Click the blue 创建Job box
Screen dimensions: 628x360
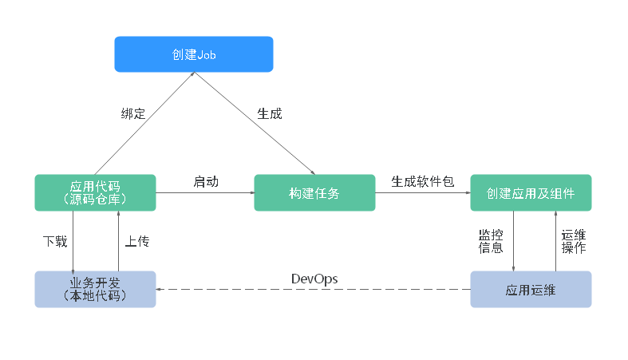194,54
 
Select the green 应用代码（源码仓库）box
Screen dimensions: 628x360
95,192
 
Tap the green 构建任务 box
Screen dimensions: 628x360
315,192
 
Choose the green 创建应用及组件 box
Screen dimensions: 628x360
531,192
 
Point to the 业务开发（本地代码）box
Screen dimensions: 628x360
95,289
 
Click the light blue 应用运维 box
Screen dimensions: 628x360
531,289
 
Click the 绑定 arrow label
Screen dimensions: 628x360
133,113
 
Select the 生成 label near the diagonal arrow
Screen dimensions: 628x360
270,113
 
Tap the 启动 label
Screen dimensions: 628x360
206,182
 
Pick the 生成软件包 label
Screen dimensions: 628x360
423,182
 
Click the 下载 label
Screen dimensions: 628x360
55,242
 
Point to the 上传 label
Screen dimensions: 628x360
137,242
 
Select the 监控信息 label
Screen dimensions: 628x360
491,242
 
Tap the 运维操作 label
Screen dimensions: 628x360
574,242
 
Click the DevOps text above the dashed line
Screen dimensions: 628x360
314,279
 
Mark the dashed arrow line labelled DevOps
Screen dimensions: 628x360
313,289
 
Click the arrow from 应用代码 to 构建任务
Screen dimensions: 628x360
205,192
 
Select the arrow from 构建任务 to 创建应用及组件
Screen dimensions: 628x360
423,192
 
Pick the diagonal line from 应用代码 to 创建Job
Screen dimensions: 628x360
144,124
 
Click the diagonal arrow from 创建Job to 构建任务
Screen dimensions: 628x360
255,124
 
